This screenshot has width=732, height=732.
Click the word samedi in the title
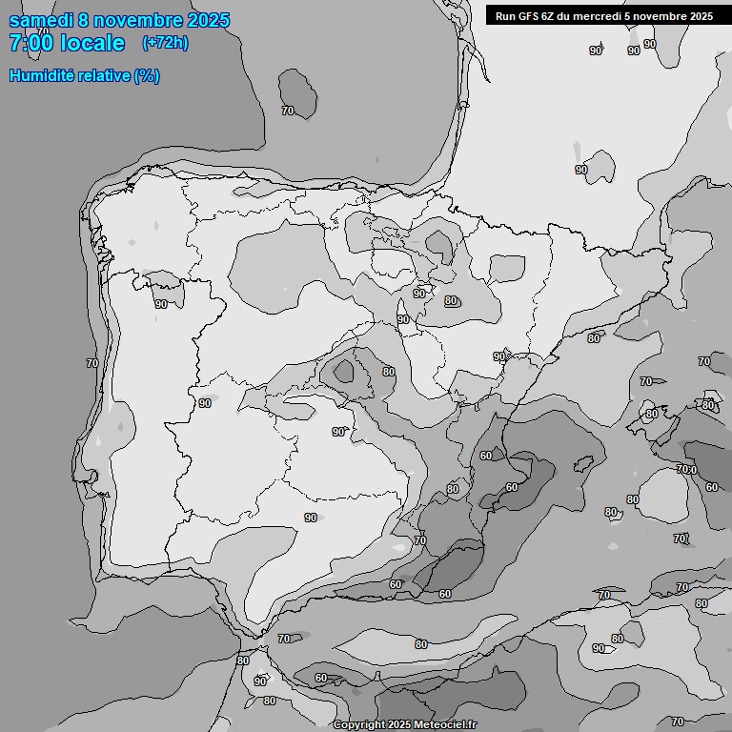click(x=41, y=20)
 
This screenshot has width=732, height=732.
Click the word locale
click(x=91, y=43)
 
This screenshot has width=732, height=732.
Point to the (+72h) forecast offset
click(x=165, y=43)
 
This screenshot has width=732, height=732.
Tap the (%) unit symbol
click(x=147, y=75)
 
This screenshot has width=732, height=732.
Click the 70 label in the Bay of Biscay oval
click(x=288, y=111)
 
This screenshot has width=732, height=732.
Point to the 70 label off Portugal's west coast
click(x=91, y=363)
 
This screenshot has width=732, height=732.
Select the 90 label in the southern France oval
click(x=580, y=170)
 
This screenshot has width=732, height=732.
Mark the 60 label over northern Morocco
click(x=320, y=679)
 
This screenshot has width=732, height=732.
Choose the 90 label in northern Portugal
click(x=160, y=304)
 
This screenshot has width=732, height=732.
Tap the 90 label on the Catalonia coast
click(x=498, y=356)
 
